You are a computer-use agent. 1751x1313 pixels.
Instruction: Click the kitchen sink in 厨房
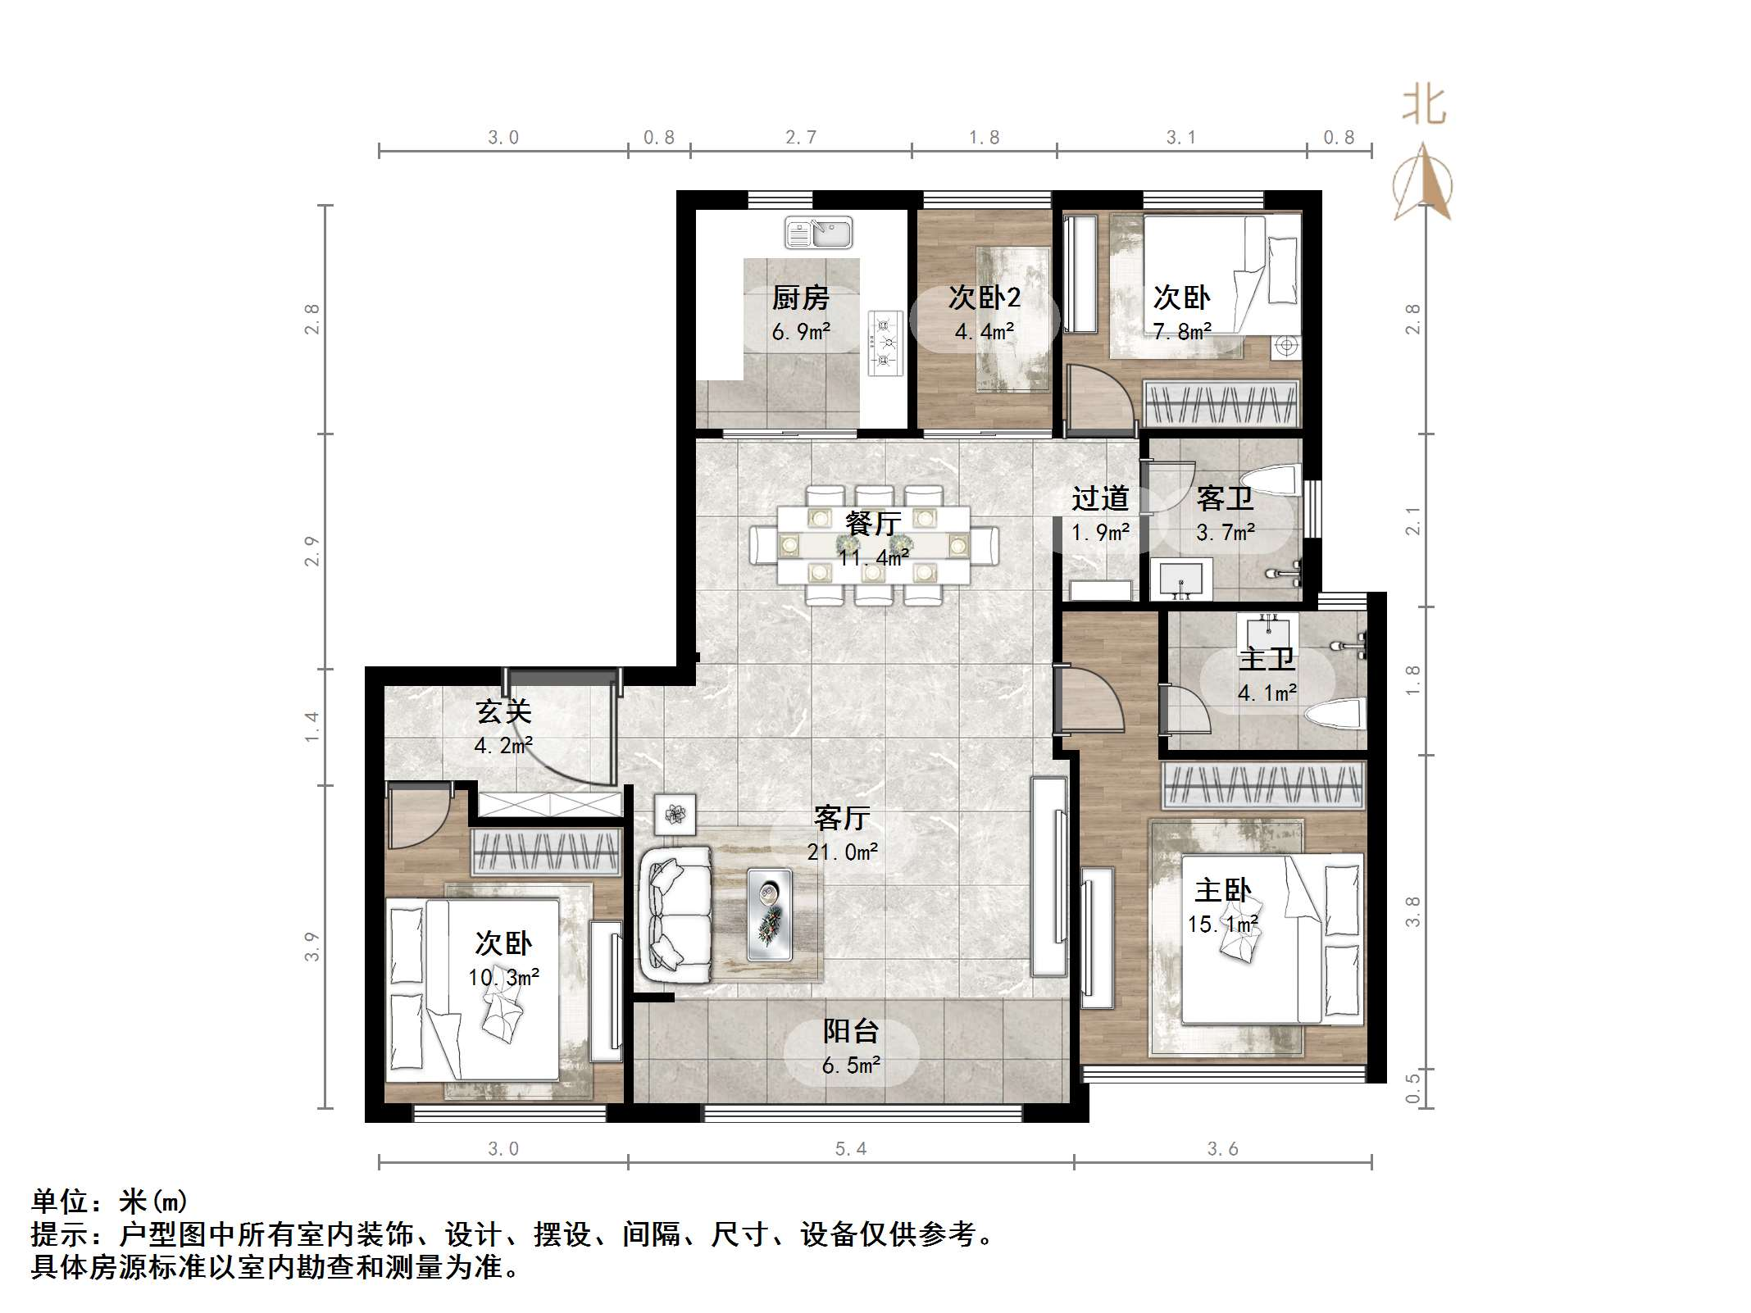pos(818,233)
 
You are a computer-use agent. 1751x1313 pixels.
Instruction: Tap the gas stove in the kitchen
pos(885,343)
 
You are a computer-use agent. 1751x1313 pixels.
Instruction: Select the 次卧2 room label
pos(984,298)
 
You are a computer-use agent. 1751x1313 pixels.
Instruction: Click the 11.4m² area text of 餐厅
pos(873,558)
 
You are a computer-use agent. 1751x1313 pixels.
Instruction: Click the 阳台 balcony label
pos(851,1032)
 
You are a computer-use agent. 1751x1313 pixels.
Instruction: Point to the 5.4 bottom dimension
pos(851,1149)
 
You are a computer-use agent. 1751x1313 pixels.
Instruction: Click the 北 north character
pos(1423,107)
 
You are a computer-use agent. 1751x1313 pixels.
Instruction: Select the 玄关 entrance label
pos(503,711)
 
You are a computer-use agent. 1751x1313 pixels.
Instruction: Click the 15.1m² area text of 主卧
pos(1223,925)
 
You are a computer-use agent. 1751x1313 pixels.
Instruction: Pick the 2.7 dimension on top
pos(801,138)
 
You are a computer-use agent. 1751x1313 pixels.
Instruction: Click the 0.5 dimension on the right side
pos(1412,1088)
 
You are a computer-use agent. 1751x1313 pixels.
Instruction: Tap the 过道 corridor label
pos(1100,498)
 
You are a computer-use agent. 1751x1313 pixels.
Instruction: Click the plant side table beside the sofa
pos(675,814)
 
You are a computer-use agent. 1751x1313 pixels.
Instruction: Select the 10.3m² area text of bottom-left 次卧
pos(503,977)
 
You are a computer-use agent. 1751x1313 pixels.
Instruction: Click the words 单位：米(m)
pos(110,1202)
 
